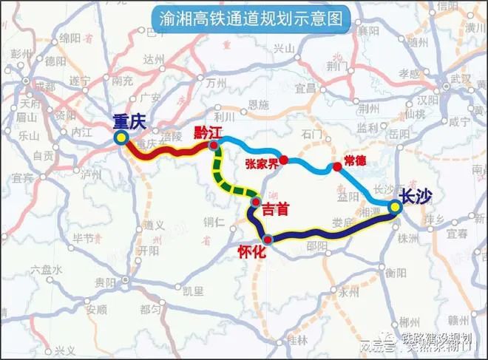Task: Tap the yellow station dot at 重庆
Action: coord(121,137)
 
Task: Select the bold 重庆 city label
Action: coord(131,121)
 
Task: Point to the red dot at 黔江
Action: coord(213,146)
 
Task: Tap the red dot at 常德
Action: coord(337,166)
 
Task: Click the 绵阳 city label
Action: coord(70,38)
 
